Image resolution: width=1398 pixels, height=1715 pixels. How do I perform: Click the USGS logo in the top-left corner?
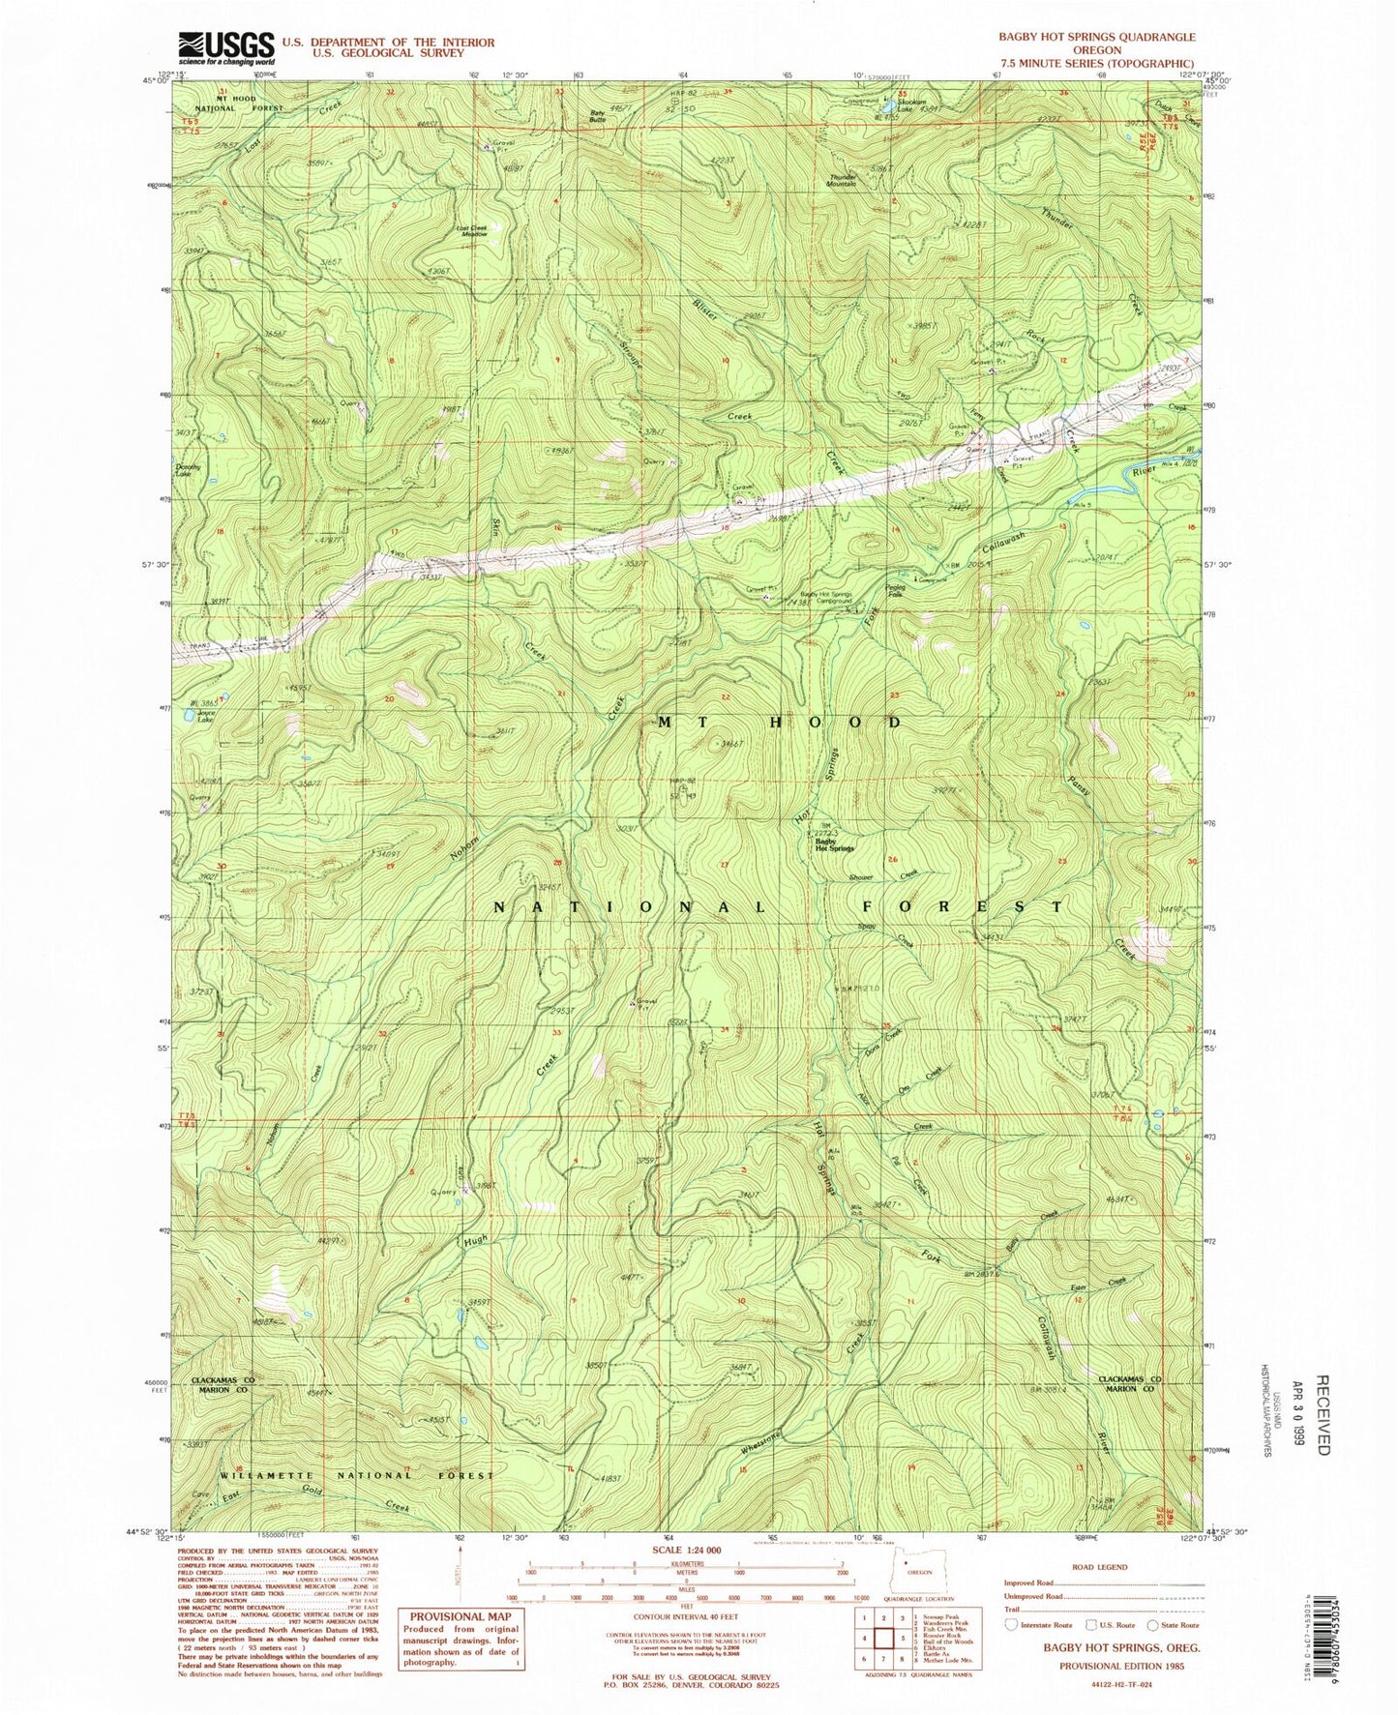point(224,45)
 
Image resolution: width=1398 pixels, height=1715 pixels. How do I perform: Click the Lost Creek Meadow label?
point(471,231)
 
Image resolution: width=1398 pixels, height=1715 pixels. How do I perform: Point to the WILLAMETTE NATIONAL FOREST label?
point(358,1475)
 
